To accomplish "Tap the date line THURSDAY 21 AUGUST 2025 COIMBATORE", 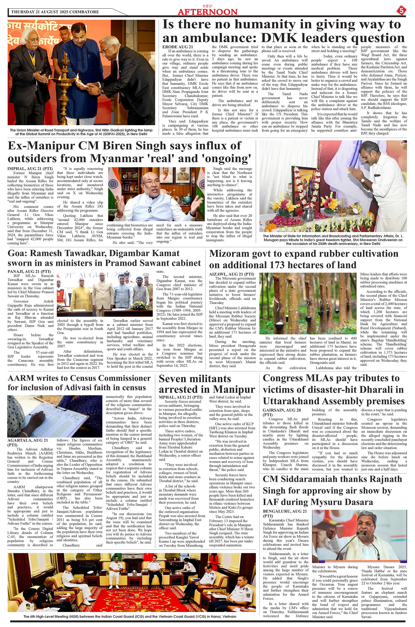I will pyautogui.click(x=55, y=12).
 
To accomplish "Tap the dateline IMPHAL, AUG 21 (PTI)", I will pyautogui.click(x=30, y=169).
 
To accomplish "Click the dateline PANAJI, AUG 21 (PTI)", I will pyautogui.click(x=29, y=271).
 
